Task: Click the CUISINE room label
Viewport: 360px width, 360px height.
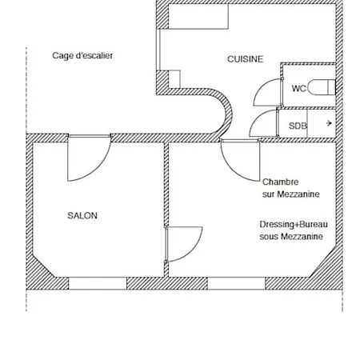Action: coord(246,59)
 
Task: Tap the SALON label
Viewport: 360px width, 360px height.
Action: coord(82,215)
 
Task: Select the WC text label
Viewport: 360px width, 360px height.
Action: coord(299,88)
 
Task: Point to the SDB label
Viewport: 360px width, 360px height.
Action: coord(298,126)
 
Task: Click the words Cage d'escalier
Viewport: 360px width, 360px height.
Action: coord(82,55)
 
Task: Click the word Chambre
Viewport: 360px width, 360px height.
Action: coord(280,182)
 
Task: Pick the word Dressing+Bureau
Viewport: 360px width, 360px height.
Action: coord(294,225)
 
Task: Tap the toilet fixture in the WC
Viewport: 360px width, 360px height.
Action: coord(321,87)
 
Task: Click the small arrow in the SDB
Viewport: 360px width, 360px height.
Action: coord(329,123)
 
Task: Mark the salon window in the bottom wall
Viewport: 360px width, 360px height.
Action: coord(98,283)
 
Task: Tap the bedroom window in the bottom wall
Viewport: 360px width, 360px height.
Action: coord(236,283)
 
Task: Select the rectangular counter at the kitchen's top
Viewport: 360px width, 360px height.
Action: coord(198,16)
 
